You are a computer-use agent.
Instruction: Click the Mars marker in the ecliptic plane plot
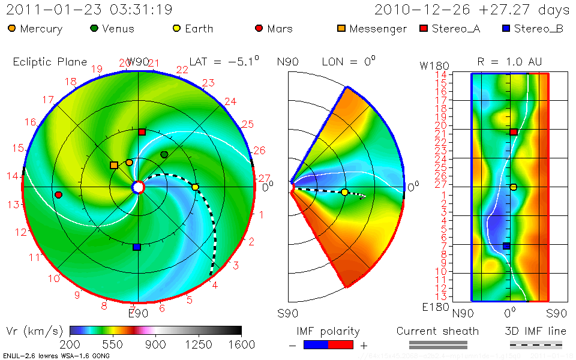[58, 195]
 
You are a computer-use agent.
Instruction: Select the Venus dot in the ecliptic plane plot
[164, 155]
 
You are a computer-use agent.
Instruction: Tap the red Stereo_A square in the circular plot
[142, 132]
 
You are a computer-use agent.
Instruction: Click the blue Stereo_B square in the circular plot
[137, 247]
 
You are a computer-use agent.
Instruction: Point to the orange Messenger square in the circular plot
[114, 165]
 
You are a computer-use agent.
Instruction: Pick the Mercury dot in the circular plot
[129, 163]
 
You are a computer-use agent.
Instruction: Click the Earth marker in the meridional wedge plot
[344, 192]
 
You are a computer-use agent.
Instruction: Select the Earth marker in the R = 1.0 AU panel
[513, 187]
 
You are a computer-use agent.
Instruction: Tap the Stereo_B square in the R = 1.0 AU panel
[506, 246]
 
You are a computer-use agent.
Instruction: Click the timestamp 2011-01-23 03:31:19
[89, 10]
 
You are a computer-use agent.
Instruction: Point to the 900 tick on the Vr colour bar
[156, 344]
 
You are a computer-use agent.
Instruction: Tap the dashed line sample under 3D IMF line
[536, 345]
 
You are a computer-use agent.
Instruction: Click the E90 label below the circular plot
[138, 312]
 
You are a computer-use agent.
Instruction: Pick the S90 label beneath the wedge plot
[288, 313]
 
